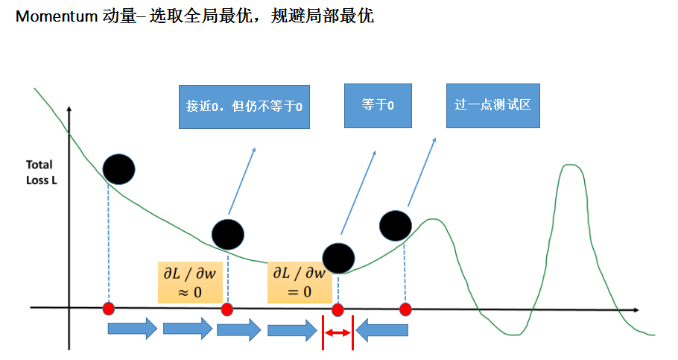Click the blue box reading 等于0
click(x=378, y=105)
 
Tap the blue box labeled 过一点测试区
click(x=492, y=105)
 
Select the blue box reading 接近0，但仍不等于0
click(x=244, y=107)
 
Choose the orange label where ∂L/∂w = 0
click(x=296, y=282)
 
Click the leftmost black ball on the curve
click(x=119, y=170)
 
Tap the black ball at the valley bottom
click(x=338, y=258)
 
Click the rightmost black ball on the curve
click(x=395, y=226)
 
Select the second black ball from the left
click(x=227, y=235)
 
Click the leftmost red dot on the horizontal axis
click(x=109, y=309)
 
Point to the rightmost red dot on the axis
click(x=405, y=309)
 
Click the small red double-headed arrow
click(x=337, y=332)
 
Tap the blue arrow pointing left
click(x=382, y=329)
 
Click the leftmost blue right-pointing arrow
click(x=133, y=328)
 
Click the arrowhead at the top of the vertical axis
click(x=69, y=110)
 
